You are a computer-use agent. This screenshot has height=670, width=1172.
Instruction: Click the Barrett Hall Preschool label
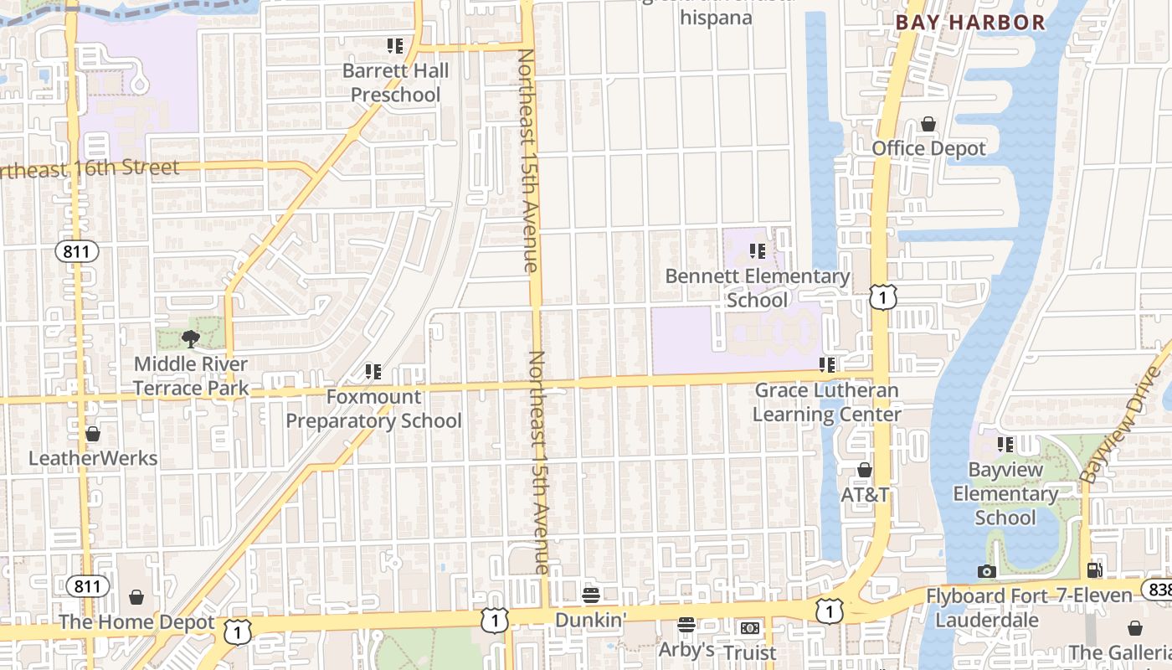(x=395, y=83)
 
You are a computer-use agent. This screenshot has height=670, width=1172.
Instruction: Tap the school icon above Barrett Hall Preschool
(x=395, y=45)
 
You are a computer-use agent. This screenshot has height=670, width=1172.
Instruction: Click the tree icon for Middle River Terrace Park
(x=191, y=338)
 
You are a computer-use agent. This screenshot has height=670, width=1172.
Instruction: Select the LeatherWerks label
(x=93, y=458)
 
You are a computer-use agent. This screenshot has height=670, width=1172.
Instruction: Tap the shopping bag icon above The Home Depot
(x=136, y=597)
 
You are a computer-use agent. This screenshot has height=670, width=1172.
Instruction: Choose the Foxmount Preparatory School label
(x=373, y=408)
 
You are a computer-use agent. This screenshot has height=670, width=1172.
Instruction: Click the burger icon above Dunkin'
(x=591, y=595)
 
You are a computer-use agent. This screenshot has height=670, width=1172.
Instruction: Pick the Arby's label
(x=686, y=649)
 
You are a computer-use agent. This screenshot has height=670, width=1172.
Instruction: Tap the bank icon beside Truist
(x=749, y=628)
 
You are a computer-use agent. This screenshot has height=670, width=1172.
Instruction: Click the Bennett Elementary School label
(x=758, y=287)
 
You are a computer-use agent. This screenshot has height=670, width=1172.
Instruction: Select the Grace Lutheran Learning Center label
(x=827, y=402)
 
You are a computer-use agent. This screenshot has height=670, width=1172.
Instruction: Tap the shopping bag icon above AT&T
(x=865, y=470)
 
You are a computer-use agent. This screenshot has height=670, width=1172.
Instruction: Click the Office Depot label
(x=929, y=148)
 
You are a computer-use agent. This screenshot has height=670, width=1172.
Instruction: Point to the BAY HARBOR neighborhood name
(x=971, y=23)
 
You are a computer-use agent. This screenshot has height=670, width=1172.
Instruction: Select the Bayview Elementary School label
(x=1005, y=493)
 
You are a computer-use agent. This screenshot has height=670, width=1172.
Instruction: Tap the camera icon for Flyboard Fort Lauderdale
(x=987, y=571)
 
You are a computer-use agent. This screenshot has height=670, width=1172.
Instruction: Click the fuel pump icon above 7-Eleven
(x=1094, y=570)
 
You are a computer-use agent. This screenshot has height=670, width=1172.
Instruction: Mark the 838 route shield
(x=1159, y=590)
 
